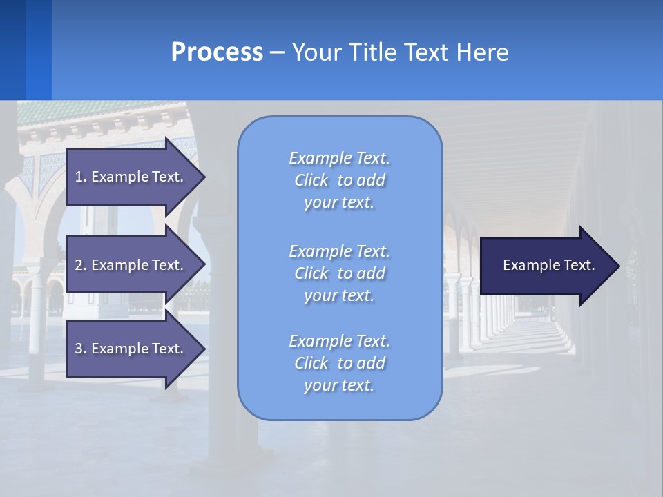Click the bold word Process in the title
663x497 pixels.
click(x=217, y=52)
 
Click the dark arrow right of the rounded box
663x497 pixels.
click(x=546, y=266)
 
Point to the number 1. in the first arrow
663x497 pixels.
click(x=80, y=177)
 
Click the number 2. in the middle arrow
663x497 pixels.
click(x=80, y=265)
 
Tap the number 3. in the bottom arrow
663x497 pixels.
click(x=80, y=349)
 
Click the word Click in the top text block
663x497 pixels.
click(x=311, y=181)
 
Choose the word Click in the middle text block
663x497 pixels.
click(x=311, y=273)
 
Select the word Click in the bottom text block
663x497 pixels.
click(x=311, y=363)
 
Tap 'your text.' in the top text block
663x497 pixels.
click(x=339, y=203)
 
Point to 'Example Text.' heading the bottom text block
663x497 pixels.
click(x=339, y=341)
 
